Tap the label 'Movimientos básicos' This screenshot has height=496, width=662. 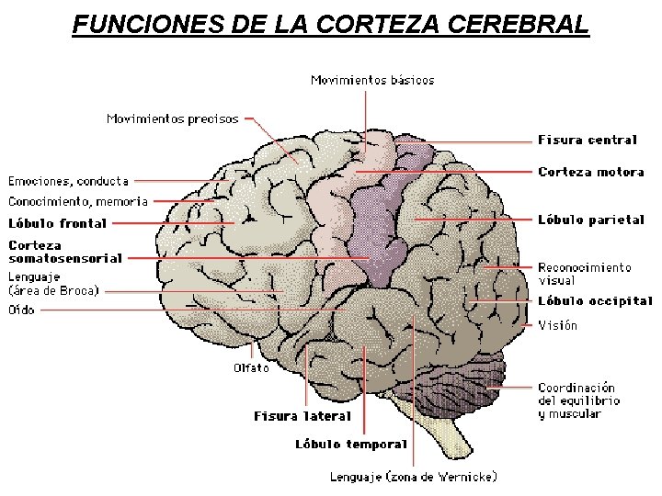coord(372,80)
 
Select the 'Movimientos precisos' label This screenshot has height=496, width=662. coord(172,118)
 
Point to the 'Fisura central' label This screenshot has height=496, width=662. coord(587,141)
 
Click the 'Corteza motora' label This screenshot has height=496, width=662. coord(591,172)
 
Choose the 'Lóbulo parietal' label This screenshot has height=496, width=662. coord(591,220)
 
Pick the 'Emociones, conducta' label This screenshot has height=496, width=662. coord(69,181)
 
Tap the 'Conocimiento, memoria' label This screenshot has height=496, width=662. coord(78,201)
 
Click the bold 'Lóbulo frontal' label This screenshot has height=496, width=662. coord(58,223)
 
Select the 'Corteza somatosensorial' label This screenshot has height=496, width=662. coord(65,252)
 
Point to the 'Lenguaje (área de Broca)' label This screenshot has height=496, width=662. coord(53,283)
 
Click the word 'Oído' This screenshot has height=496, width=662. coord(22,310)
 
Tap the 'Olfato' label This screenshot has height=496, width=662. coord(251,368)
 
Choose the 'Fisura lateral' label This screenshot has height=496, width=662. coord(302,416)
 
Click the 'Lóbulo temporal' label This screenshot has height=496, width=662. coord(350,445)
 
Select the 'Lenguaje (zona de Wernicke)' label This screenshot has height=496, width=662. coord(414,477)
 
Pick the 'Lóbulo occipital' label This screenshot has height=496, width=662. coord(595,300)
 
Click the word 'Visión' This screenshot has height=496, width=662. coord(558,325)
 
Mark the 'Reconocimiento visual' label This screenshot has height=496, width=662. coord(585,274)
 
